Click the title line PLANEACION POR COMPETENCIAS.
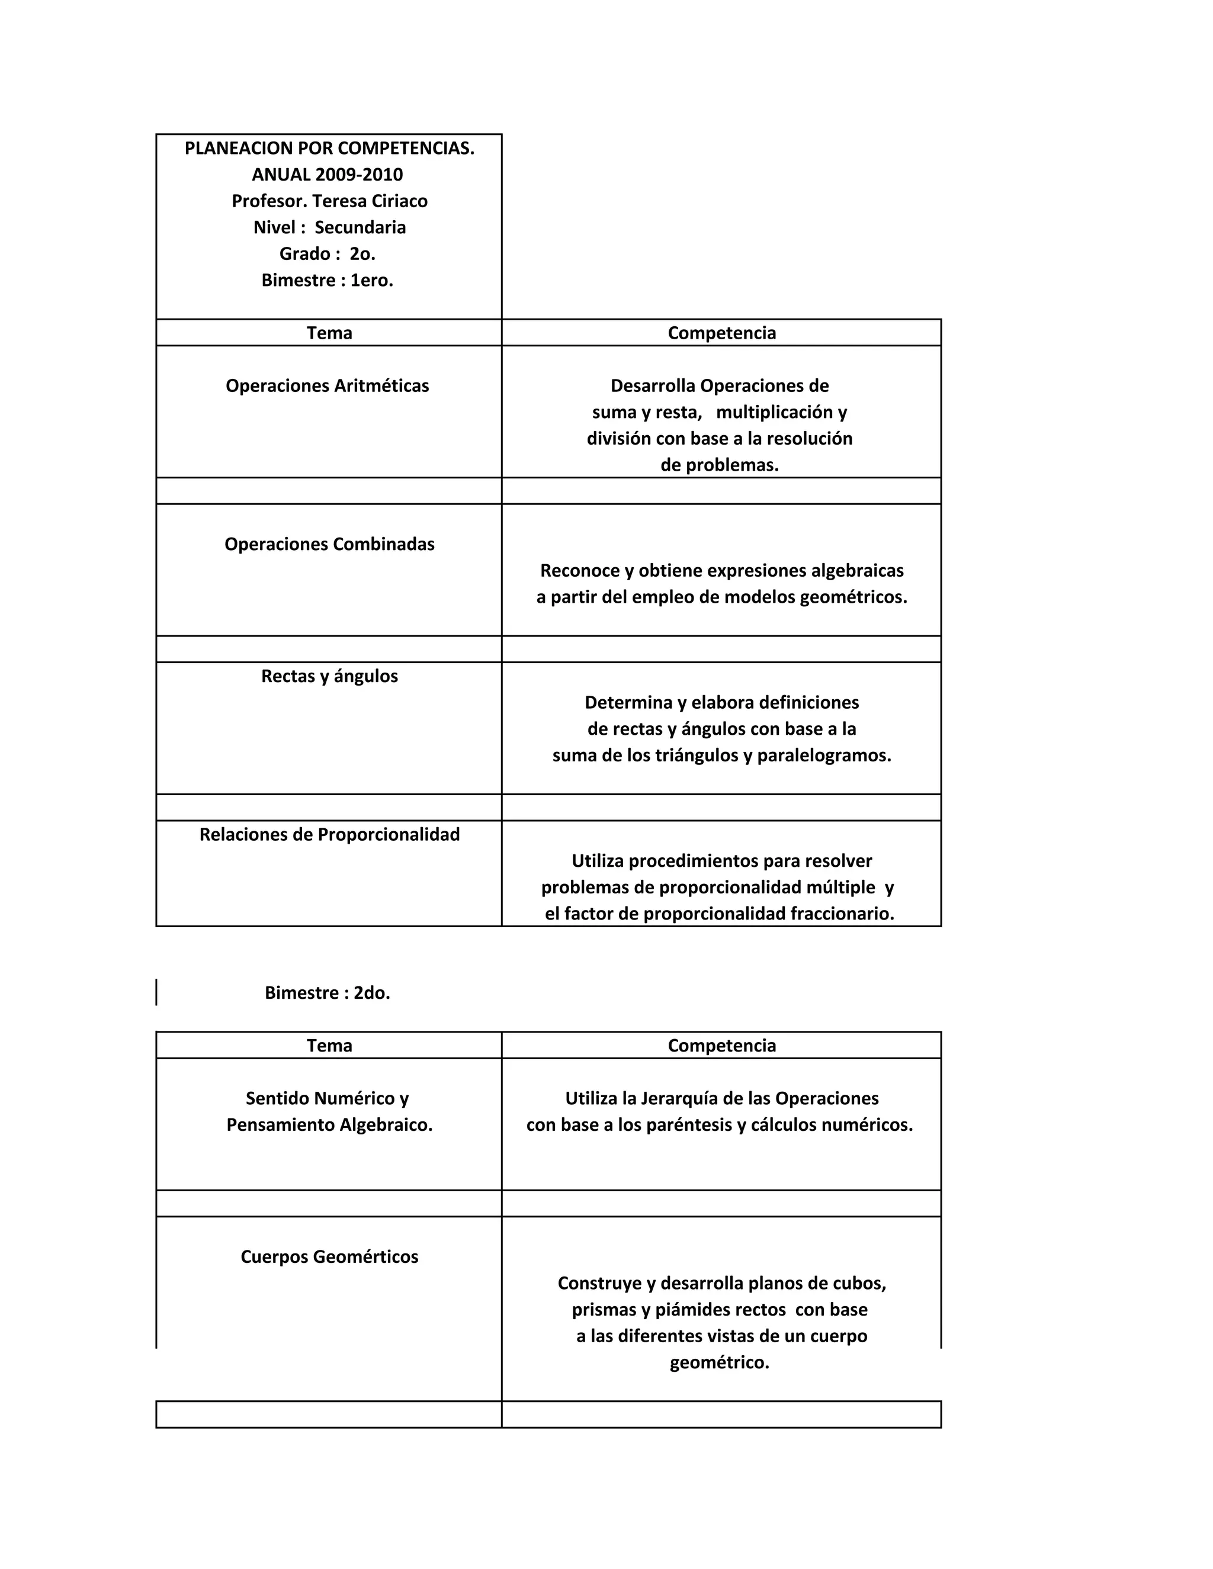point(329,148)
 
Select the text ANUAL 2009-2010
point(327,175)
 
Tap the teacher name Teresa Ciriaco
point(370,201)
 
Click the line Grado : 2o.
point(327,253)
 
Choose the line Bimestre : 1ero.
point(327,280)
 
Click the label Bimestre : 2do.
point(327,993)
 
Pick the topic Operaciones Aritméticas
point(327,386)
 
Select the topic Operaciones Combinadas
point(329,544)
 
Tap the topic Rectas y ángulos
point(329,676)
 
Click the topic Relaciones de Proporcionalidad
point(329,834)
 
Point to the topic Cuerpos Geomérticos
point(329,1256)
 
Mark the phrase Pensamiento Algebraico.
point(329,1124)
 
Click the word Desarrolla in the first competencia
point(653,386)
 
